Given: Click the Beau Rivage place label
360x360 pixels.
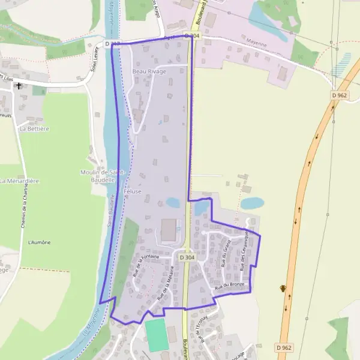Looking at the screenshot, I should [x=149, y=71].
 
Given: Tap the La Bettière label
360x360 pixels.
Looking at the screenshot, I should [x=34, y=128].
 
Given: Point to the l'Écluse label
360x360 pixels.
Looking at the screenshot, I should [x=133, y=191].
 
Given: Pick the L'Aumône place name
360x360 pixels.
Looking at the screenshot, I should [x=39, y=242].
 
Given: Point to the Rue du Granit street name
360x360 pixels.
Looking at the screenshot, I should [x=226, y=253].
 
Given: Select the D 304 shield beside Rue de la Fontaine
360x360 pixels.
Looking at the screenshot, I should [x=187, y=257].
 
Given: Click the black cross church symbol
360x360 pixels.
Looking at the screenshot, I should [x=19, y=86].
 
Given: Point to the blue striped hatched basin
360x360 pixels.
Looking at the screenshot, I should [x=342, y=62].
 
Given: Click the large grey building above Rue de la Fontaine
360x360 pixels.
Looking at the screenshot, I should [x=169, y=230].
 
